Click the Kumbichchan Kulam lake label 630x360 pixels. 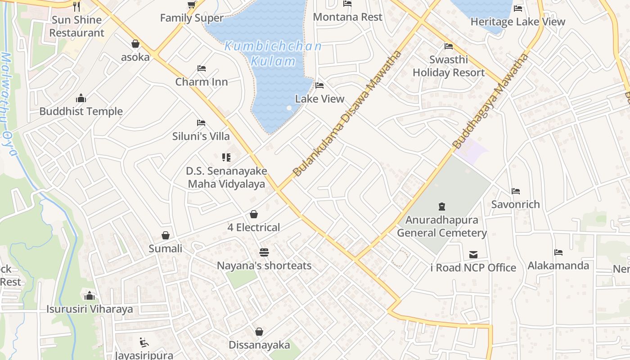[x=273, y=54]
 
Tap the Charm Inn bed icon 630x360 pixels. [x=202, y=68]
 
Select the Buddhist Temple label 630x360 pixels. [x=81, y=112]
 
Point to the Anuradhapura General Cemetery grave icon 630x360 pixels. [x=442, y=207]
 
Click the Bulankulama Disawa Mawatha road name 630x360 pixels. [x=347, y=113]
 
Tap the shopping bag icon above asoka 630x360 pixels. [x=135, y=44]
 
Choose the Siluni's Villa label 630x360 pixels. [x=201, y=136]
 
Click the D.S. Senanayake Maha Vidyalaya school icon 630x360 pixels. [x=226, y=157]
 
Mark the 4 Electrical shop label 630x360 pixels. [x=254, y=228]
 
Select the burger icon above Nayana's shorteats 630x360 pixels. [x=264, y=252]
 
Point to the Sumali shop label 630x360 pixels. [x=166, y=249]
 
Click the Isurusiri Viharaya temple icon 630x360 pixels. [x=90, y=296]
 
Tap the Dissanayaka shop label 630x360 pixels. [x=259, y=345]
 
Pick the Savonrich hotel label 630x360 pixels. [x=515, y=204]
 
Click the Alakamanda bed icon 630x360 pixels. [x=558, y=252]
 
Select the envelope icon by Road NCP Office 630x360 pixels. [x=473, y=255]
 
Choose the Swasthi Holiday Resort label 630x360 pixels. [x=449, y=66]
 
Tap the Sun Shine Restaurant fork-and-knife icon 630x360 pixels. [x=76, y=6]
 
